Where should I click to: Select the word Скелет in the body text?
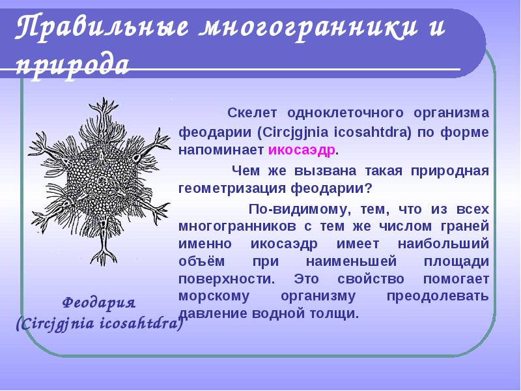pos(252,113)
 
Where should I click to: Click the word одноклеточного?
pos(345,113)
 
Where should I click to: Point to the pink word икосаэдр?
pos(302,151)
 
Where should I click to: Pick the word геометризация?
pos(232,188)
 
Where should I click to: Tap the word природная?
pos(450,171)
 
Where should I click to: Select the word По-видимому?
pos(298,209)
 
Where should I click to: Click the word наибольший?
pos(444,244)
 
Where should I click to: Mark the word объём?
pos(202,261)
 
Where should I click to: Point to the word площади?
pos(457,261)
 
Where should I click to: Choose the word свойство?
pos(371,279)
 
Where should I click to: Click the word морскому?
pos(214,297)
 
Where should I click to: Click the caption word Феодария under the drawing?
pos(99,303)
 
